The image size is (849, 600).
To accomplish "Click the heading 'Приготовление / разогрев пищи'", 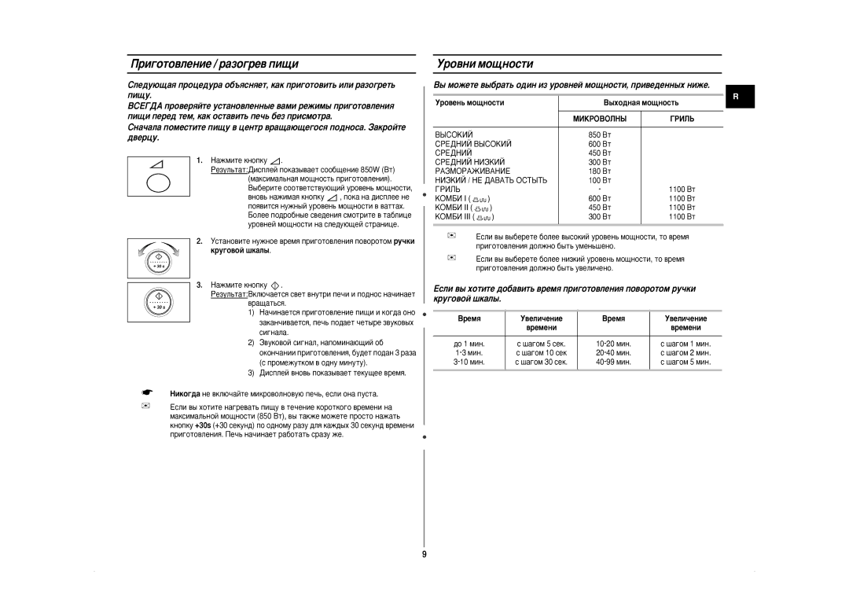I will [x=213, y=64].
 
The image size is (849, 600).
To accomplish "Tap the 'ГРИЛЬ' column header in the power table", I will [x=682, y=118].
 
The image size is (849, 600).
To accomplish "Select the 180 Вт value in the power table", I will [x=599, y=170].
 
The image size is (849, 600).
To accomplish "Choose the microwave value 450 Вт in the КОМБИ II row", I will [x=599, y=208].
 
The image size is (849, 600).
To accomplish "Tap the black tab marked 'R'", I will [x=738, y=97].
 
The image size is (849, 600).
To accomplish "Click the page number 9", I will [x=424, y=555].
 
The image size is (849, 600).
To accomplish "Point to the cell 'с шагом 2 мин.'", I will [x=685, y=353].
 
